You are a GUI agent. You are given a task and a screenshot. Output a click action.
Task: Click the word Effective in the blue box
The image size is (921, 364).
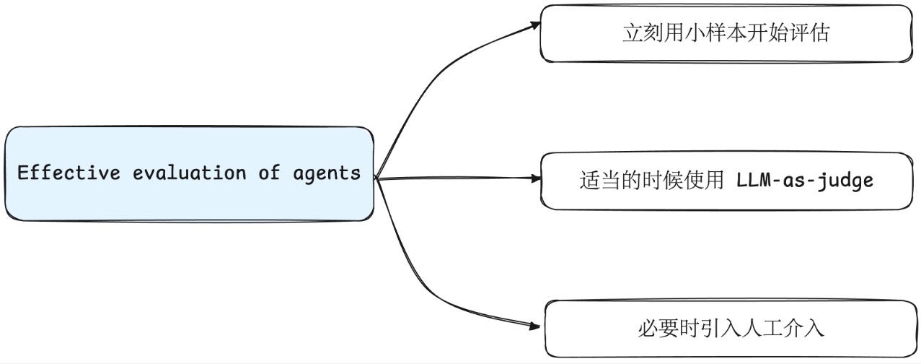tap(69, 173)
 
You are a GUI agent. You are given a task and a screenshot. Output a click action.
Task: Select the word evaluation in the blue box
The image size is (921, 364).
tap(189, 173)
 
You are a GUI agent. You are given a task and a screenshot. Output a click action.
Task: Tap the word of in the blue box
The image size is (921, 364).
tap(269, 173)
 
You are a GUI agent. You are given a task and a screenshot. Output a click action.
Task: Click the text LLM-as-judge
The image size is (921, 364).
tap(805, 181)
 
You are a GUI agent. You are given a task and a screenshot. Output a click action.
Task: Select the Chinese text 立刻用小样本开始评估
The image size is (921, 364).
tap(726, 33)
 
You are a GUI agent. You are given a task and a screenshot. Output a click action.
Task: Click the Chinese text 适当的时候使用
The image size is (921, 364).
tap(652, 181)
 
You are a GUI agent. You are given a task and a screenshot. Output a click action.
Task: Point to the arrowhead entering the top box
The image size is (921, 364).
tap(535, 25)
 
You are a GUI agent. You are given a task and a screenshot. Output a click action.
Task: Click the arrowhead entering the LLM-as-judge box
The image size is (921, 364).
tap(536, 178)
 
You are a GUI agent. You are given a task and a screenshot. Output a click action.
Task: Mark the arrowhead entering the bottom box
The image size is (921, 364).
tap(534, 326)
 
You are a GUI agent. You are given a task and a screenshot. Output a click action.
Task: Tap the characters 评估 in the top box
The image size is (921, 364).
tap(809, 33)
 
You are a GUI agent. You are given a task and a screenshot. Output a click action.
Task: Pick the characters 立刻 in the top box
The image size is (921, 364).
tap(643, 33)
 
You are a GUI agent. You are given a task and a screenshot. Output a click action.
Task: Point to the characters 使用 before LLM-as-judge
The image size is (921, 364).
tap(703, 181)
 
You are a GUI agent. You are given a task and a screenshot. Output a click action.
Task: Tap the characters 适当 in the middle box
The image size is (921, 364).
tap(600, 181)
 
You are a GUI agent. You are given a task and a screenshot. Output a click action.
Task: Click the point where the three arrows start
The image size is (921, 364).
tap(376, 178)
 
